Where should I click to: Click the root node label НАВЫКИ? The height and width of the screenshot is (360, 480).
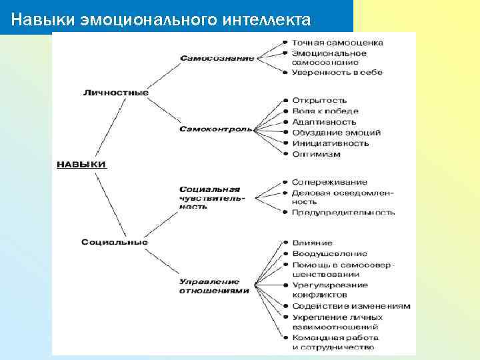point(81,164)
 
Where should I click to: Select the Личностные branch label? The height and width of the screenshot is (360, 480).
point(115,93)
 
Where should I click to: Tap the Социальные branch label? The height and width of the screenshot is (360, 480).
point(115,242)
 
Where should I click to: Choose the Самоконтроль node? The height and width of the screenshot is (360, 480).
point(215,129)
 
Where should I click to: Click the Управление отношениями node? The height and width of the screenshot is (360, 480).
point(214,287)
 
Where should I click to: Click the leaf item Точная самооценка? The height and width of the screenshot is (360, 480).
point(337,43)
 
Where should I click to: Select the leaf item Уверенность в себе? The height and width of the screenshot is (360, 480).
point(337,72)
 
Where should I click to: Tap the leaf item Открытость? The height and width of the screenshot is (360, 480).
point(319,101)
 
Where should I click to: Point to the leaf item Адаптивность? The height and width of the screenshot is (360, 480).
point(324,122)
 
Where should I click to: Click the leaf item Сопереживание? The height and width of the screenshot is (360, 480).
point(329,182)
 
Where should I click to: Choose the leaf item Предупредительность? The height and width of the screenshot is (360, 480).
point(343,213)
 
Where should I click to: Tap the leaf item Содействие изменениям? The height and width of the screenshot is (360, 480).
point(351,306)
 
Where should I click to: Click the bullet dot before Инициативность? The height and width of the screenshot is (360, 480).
point(285,143)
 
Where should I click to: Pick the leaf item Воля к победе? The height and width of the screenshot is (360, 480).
point(325,111)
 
